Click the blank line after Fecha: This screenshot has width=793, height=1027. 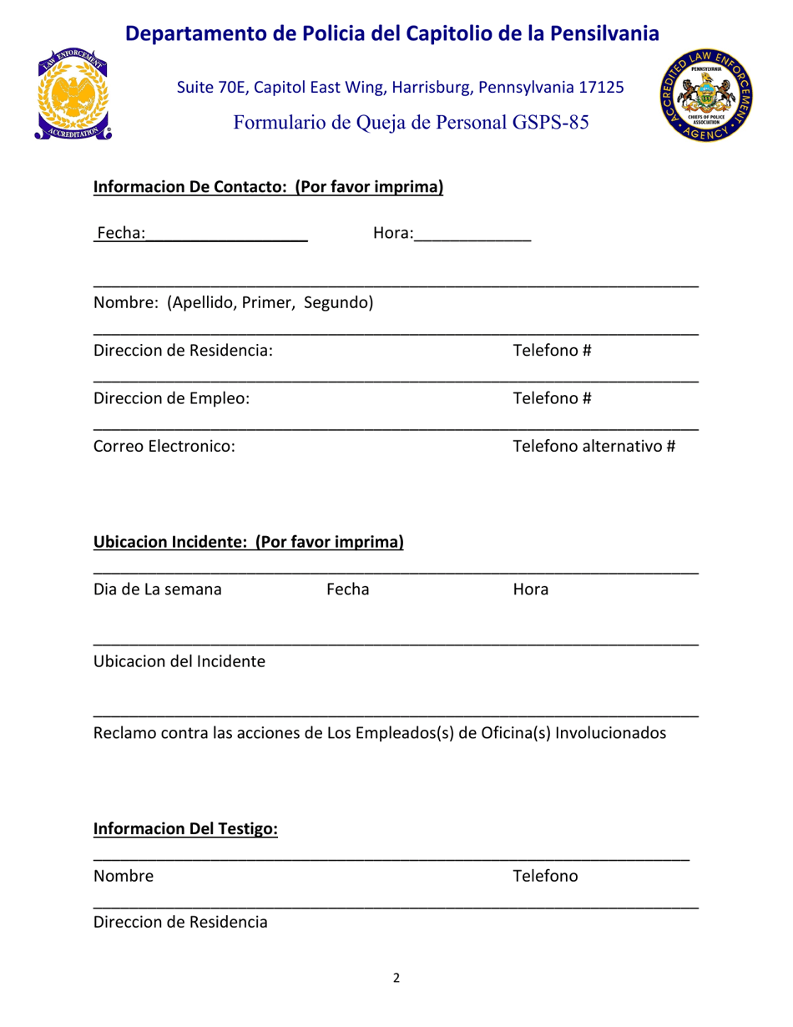227,233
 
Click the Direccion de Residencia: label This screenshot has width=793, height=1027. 183,349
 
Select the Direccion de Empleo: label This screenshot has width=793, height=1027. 171,397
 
